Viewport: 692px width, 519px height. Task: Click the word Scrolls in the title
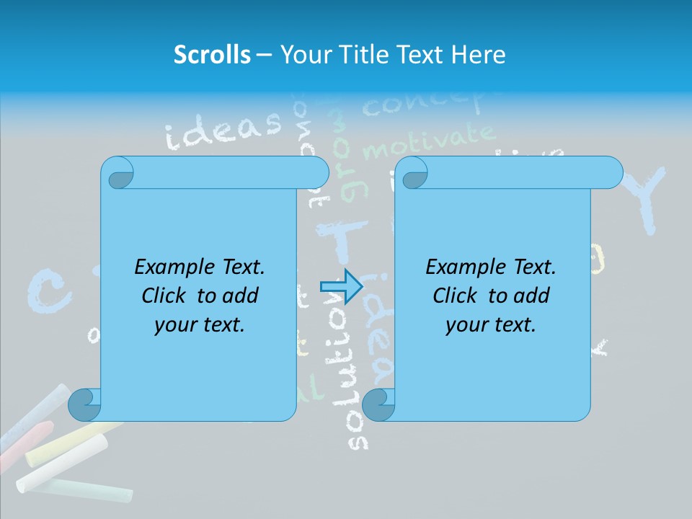[x=213, y=55]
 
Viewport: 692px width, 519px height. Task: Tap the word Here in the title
[x=478, y=55]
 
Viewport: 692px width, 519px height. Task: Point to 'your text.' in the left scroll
[x=200, y=325]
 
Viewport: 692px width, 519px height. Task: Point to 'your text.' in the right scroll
[x=491, y=325]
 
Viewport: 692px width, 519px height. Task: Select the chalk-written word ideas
[x=223, y=129]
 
